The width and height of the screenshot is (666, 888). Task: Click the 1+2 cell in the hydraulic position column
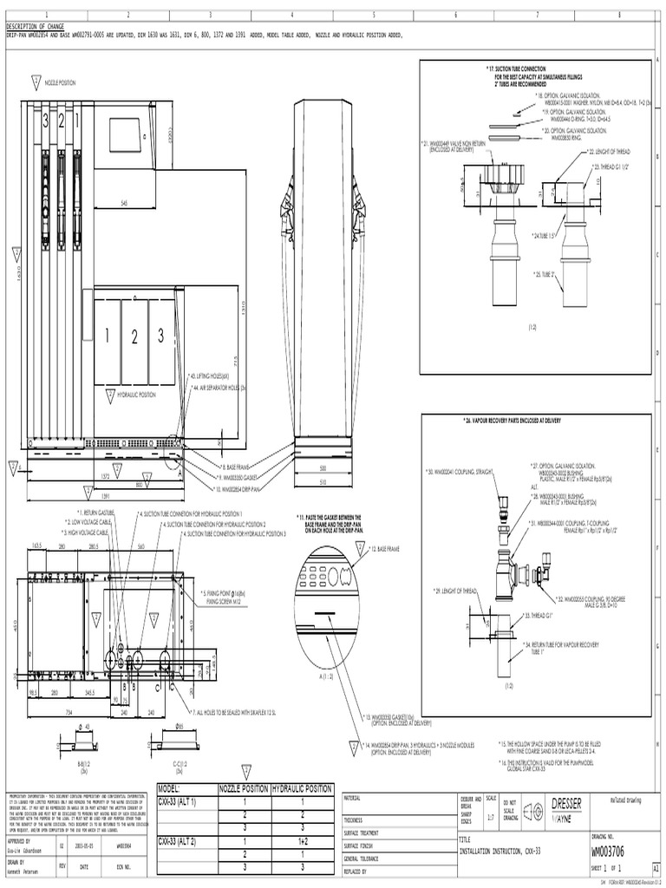tap(302, 841)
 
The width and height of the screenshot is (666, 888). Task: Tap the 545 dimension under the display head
tap(125, 203)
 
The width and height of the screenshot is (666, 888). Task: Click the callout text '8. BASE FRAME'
tap(236, 467)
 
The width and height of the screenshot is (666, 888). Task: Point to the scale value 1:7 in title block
tap(493, 817)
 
